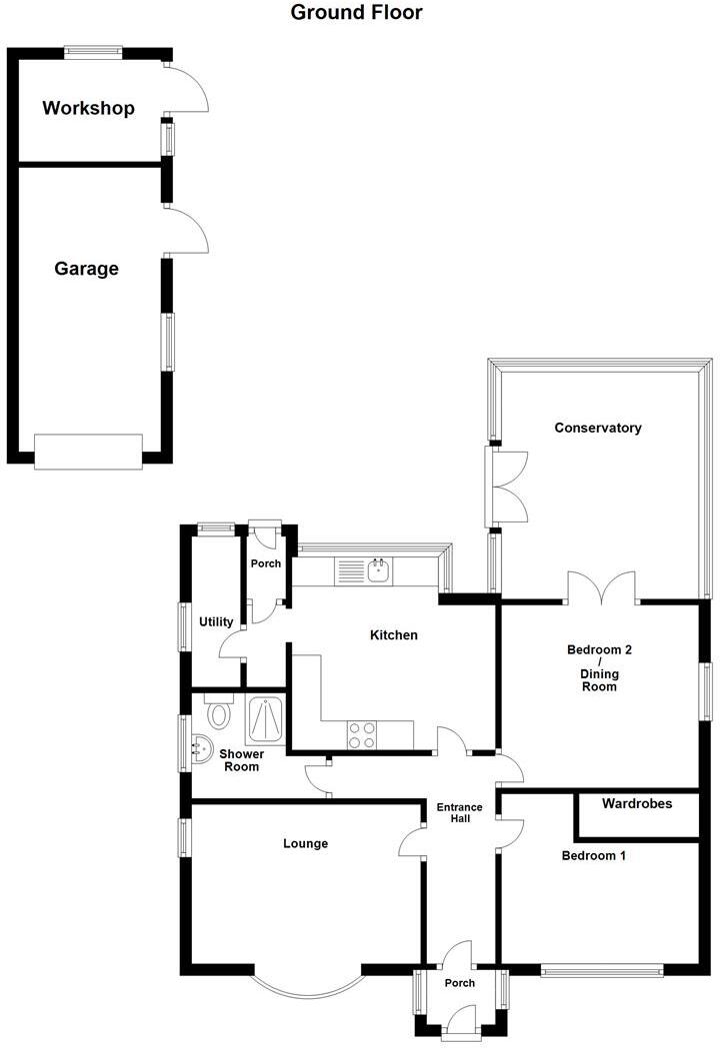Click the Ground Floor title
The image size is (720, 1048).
(x=356, y=13)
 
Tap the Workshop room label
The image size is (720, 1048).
(x=88, y=109)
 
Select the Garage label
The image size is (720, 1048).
(x=86, y=269)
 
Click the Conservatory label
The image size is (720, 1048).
(x=598, y=428)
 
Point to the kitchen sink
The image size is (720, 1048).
(x=379, y=571)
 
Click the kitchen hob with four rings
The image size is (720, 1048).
(x=362, y=734)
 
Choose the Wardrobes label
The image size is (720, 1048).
(x=637, y=803)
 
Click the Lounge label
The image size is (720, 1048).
(x=305, y=843)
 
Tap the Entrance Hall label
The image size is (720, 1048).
(x=459, y=813)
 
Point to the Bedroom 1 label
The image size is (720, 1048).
(x=594, y=856)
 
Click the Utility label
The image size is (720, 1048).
(x=216, y=621)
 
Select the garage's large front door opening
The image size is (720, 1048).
(x=88, y=452)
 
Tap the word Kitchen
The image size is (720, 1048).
(x=394, y=635)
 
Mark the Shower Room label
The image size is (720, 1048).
(x=242, y=760)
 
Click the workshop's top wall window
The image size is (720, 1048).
(x=94, y=51)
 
